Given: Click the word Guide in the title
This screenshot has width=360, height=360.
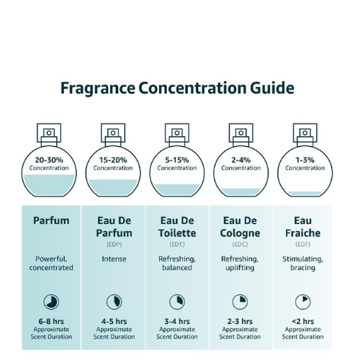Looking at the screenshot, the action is click(x=272, y=88).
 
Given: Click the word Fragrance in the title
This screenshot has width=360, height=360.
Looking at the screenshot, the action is click(x=98, y=89).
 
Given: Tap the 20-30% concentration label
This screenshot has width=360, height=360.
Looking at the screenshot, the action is click(x=49, y=160).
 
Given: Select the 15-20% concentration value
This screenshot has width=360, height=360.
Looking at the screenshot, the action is click(x=113, y=160).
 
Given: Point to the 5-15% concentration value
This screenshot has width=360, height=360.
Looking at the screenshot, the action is click(x=177, y=160).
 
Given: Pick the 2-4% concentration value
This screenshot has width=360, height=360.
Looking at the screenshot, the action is click(x=241, y=160).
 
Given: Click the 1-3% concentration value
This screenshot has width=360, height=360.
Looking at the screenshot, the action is click(x=305, y=160).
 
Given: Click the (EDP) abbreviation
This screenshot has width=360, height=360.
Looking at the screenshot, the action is click(x=114, y=244).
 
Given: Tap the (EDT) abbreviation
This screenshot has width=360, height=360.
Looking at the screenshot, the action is click(x=177, y=244).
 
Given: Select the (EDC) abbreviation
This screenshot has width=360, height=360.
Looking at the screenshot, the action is click(x=240, y=244).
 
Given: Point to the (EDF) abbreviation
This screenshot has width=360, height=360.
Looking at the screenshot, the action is click(x=303, y=244).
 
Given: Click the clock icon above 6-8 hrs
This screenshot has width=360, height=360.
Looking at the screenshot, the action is click(x=51, y=302).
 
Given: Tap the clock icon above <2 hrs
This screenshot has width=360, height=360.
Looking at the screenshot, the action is click(x=303, y=302).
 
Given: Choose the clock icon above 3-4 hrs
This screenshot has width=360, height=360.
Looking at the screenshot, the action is click(x=177, y=302).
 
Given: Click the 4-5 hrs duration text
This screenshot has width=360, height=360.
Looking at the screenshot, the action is click(x=114, y=321).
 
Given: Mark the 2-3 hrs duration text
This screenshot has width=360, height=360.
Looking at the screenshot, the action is click(x=240, y=321).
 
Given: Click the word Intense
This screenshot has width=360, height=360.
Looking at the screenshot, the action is click(x=114, y=259).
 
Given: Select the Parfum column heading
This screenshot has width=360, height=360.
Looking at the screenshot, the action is click(x=51, y=220).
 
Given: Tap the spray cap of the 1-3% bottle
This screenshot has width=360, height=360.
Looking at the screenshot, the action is click(x=305, y=135).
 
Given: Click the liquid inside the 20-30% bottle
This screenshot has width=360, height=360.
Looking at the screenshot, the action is click(x=49, y=185).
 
